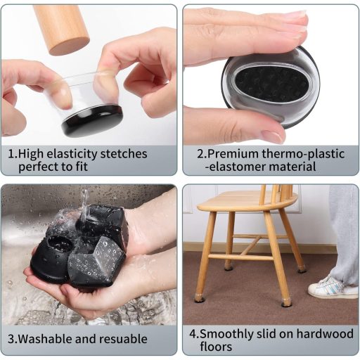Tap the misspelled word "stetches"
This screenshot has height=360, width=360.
click(124, 154)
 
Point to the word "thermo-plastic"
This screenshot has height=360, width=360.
click(303, 155)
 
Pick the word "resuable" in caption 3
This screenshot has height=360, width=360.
click(124, 339)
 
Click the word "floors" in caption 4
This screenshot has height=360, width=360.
click(216, 347)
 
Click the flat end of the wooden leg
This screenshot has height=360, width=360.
click(70, 46)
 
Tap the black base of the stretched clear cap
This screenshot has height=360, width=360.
click(92, 121)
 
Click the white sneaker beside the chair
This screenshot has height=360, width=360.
click(329, 288)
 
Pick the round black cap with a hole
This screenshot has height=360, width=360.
click(51, 258)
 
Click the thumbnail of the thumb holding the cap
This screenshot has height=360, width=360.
click(274, 136)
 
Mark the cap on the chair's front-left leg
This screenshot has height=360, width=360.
click(199, 298)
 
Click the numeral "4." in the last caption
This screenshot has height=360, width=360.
click(194, 334)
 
